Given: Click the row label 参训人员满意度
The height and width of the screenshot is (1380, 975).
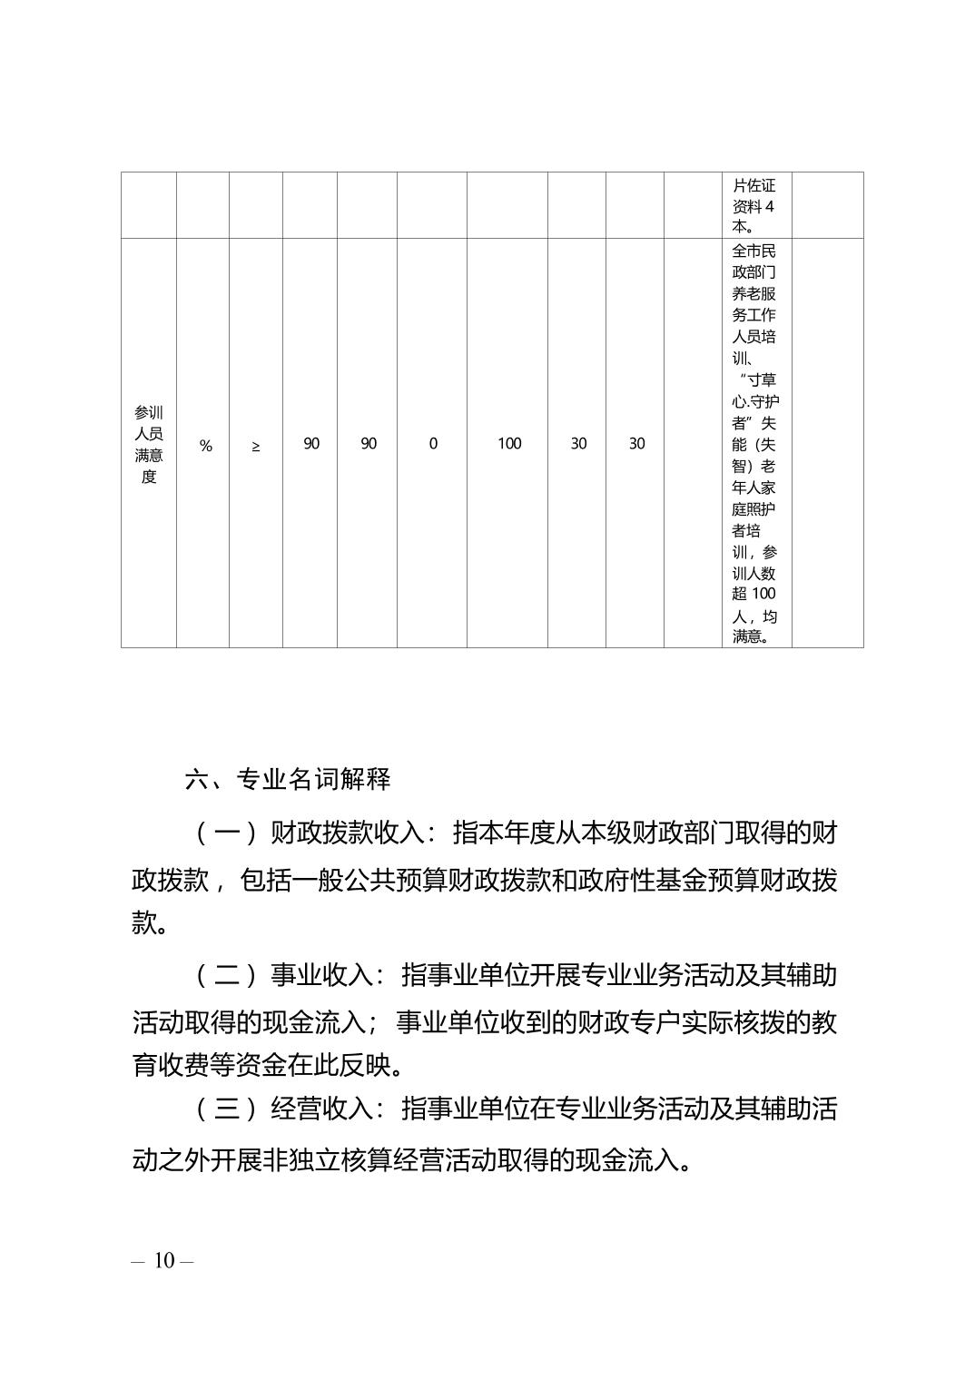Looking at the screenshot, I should coord(149,444).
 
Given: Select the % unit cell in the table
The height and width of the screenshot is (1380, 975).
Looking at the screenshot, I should coord(206,445).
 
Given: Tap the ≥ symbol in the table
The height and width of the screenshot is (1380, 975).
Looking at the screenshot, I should coord(256,445).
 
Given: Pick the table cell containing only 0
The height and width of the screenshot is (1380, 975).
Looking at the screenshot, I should coord(433,444).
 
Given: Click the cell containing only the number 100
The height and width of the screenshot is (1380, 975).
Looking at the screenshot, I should coord(509,444).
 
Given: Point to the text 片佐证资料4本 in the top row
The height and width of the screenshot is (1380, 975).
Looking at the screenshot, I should coord(754,206).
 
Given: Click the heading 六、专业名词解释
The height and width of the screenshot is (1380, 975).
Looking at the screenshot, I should coord(288,779).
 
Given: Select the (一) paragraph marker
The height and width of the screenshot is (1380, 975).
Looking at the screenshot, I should coord(219,833).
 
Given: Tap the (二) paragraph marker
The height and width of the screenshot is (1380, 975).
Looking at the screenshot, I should coord(219,976).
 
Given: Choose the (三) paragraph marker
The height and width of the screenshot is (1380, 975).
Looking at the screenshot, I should coord(219,1109).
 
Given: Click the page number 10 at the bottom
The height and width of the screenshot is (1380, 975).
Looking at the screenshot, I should coord(163,1261).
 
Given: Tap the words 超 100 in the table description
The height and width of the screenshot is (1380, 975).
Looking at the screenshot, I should coord(754,594).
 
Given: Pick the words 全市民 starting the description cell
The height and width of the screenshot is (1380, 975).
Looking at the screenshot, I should coord(754,251).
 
